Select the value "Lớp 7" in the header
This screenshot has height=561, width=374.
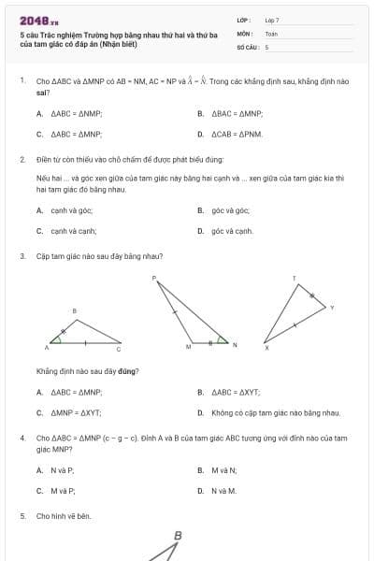pyautogui.click(x=272, y=20)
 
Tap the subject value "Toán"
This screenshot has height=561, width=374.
pyautogui.click(x=271, y=33)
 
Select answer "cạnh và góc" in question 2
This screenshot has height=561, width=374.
pyautogui.click(x=65, y=210)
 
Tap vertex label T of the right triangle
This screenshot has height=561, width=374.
pyautogui.click(x=294, y=278)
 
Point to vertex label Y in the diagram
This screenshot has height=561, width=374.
pyautogui.click(x=332, y=307)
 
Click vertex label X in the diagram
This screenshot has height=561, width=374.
pyautogui.click(x=266, y=349)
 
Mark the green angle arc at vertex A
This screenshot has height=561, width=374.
pyautogui.click(x=58, y=339)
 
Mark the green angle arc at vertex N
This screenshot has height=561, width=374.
pyautogui.click(x=221, y=340)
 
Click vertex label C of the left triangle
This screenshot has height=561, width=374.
pyautogui.click(x=119, y=349)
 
